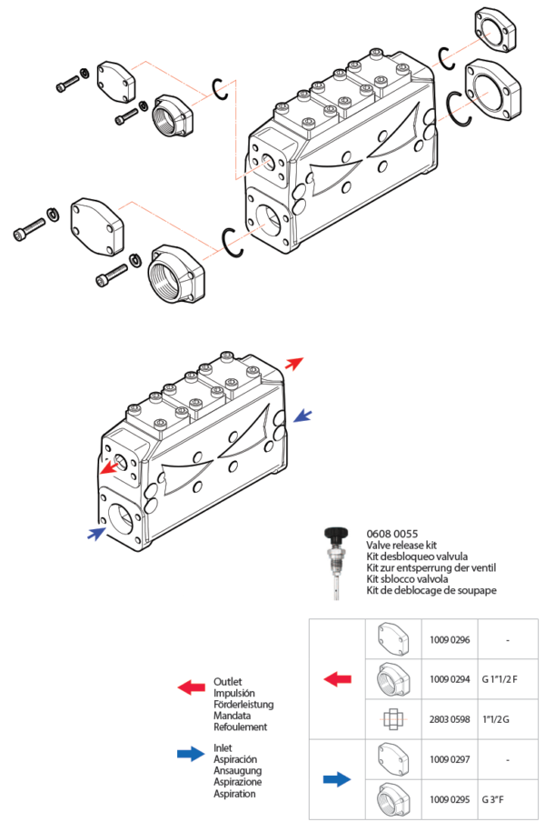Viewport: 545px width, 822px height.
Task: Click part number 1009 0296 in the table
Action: (450, 639)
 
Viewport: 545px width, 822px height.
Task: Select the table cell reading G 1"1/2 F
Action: (500, 679)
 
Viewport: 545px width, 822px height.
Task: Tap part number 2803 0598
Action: (450, 719)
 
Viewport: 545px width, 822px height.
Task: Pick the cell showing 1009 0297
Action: (450, 759)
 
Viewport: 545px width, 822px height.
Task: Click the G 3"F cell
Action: (492, 799)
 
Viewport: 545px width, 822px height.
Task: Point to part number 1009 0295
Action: (450, 799)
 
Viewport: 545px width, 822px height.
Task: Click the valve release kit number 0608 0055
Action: (392, 534)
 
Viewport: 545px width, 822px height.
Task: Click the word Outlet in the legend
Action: (228, 681)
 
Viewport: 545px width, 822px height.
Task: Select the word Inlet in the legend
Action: (223, 747)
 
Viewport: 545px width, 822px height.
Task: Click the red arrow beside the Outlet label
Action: (192, 687)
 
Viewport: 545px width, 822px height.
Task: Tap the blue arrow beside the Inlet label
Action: (191, 754)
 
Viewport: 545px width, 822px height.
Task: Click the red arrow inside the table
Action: (338, 679)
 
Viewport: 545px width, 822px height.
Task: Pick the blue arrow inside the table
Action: (337, 779)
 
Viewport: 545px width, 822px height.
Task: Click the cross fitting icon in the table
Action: (393, 719)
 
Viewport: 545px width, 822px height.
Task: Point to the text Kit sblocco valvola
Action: (407, 578)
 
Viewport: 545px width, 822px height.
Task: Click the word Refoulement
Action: (241, 727)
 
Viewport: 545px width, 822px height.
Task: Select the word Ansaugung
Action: (238, 771)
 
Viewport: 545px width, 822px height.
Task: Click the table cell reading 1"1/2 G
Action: (495, 719)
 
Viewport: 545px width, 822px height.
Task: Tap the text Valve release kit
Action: (401, 546)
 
